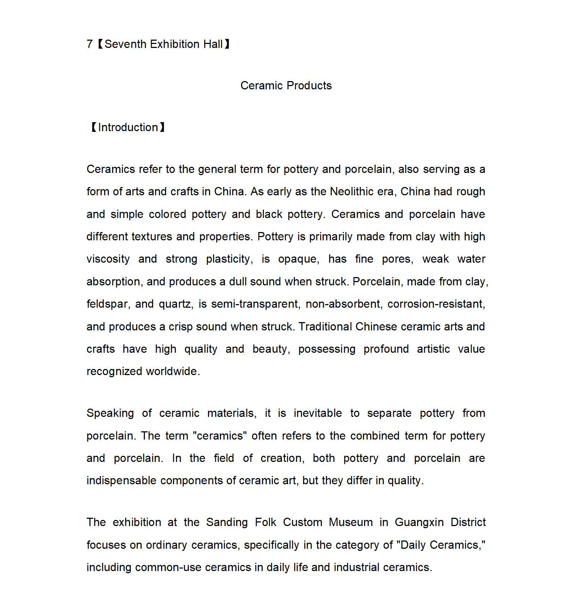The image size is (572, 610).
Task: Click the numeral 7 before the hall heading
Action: click(x=89, y=44)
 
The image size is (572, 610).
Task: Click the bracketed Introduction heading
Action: click(x=128, y=128)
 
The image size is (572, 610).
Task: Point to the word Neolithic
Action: click(x=353, y=192)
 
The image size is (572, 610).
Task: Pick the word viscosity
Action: click(x=108, y=259)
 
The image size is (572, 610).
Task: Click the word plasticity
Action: click(x=229, y=259)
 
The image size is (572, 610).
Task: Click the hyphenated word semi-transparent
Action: click(x=255, y=304)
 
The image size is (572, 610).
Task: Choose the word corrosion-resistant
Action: click(x=436, y=304)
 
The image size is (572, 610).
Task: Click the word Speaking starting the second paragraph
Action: click(x=110, y=413)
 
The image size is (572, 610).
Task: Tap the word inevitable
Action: click(x=318, y=413)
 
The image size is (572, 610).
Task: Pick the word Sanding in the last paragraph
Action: click(x=227, y=522)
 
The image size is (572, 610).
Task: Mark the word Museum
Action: click(x=350, y=522)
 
